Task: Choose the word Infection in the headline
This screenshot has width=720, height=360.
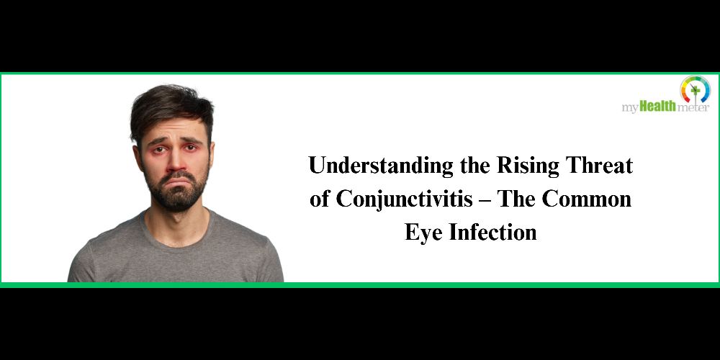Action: [x=492, y=232]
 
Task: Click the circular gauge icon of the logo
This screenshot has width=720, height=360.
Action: [x=695, y=89]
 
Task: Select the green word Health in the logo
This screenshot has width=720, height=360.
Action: [x=657, y=107]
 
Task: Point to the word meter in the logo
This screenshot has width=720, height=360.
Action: [x=693, y=108]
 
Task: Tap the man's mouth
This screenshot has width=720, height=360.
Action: [x=178, y=179]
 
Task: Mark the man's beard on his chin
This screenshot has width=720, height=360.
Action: [x=177, y=199]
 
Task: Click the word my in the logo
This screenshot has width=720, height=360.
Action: [x=630, y=109]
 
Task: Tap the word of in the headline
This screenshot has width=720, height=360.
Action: [x=319, y=199]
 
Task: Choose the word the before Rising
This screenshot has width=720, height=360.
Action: [x=476, y=166]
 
